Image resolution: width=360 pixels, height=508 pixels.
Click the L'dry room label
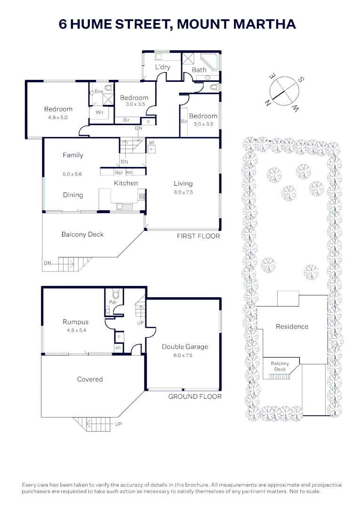pos(163,67)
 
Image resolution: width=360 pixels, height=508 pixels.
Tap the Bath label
pos(199,70)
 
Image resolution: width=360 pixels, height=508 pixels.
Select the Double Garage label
pos(185,347)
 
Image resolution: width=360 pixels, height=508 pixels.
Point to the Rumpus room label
pos(75,322)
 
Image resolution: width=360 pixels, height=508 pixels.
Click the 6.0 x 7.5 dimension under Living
pos(183,192)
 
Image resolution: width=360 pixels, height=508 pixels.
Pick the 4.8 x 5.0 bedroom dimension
pos(58,117)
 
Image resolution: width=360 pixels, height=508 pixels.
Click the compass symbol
pos(284,91)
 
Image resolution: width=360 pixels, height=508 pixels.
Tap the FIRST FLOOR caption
pos(198,236)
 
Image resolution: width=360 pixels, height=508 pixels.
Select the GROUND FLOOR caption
pos(195,397)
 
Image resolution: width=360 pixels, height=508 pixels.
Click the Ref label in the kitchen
pos(119,173)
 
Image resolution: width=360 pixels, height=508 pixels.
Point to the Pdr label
pos(113,302)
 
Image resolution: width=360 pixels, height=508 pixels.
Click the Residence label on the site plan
pos(292,326)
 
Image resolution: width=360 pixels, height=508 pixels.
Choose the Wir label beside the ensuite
pos(99,112)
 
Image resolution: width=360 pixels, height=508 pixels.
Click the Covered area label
pos(90,379)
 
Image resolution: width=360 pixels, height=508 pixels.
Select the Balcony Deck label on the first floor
pos(83,234)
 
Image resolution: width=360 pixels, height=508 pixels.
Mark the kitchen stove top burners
pos(142,196)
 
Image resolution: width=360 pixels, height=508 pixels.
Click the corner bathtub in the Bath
pos(209,62)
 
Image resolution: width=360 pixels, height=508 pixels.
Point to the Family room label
pos(73,155)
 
